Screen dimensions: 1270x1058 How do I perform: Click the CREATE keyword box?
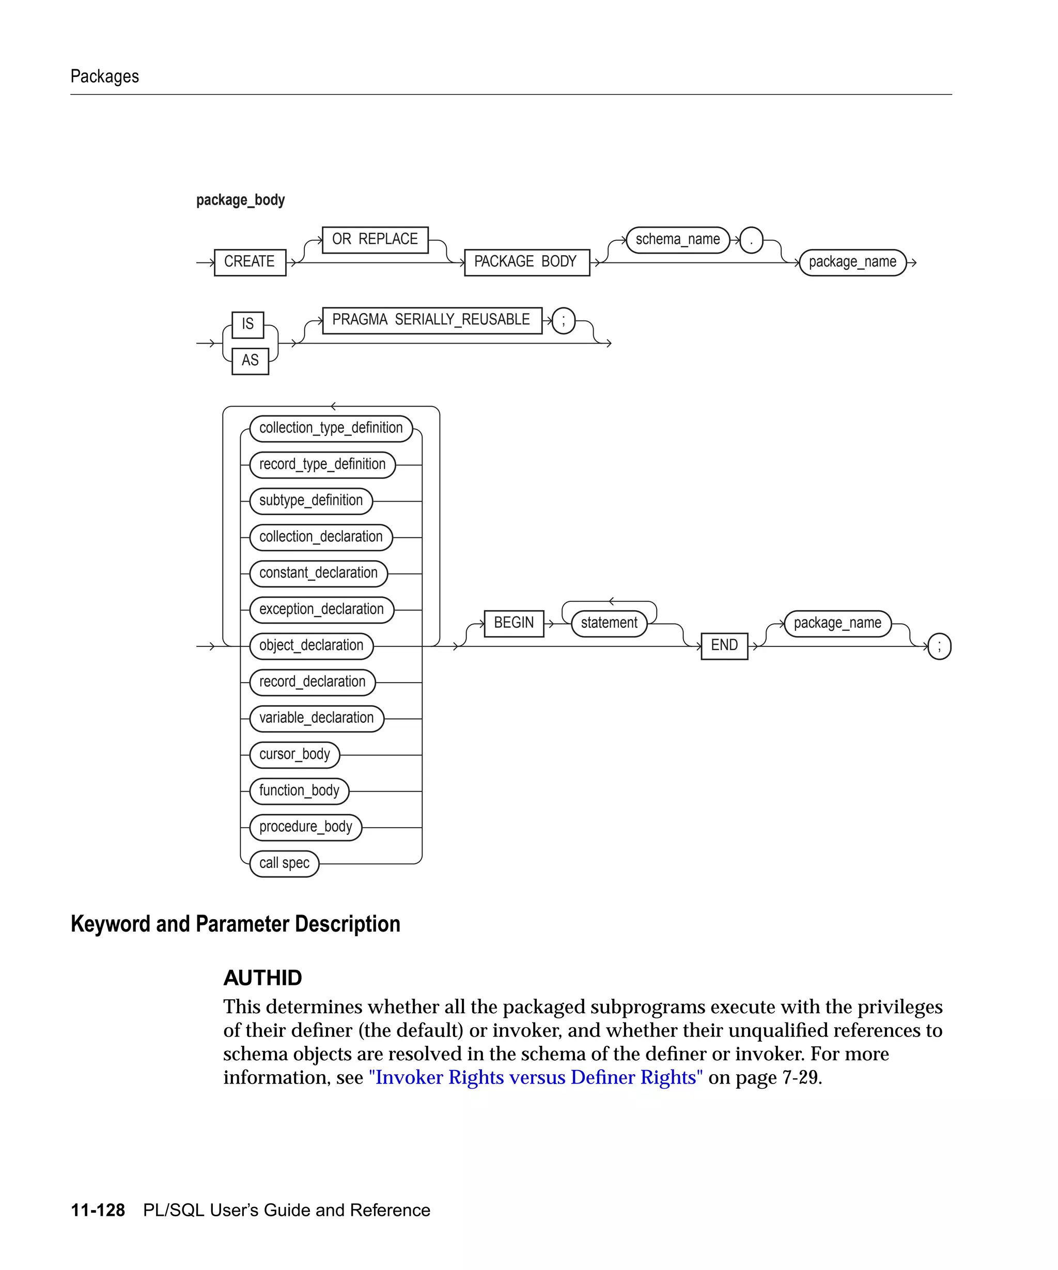pyautogui.click(x=250, y=262)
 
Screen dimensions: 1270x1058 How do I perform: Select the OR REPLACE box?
pyautogui.click(x=375, y=240)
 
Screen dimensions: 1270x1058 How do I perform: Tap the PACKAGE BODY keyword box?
pyautogui.click(x=526, y=262)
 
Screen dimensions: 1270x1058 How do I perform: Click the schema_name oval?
pyautogui.click(x=678, y=240)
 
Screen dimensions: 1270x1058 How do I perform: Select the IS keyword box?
pyautogui.click(x=248, y=324)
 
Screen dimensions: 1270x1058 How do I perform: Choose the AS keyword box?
pyautogui.click(x=250, y=361)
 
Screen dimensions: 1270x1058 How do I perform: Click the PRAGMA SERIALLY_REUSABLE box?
pyautogui.click(x=432, y=320)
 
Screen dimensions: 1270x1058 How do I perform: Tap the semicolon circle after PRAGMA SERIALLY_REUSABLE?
pyautogui.click(x=564, y=320)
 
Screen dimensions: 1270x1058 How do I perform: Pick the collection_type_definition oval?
pyautogui.click(x=331, y=428)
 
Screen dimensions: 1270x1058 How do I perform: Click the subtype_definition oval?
pyautogui.click(x=311, y=501)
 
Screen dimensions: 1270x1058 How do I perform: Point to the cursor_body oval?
pyautogui.click(x=294, y=755)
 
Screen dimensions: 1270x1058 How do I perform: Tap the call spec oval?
pyautogui.click(x=284, y=863)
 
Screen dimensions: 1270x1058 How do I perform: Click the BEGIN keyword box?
pyautogui.click(x=514, y=623)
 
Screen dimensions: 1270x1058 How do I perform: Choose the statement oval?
pyautogui.click(x=609, y=623)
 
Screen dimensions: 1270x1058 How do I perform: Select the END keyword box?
pyautogui.click(x=724, y=646)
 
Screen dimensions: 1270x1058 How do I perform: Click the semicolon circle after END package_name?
pyautogui.click(x=939, y=646)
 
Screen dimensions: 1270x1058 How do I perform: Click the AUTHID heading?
pyautogui.click(x=263, y=979)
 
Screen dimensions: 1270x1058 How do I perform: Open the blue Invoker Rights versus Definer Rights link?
pyautogui.click(x=536, y=1078)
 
